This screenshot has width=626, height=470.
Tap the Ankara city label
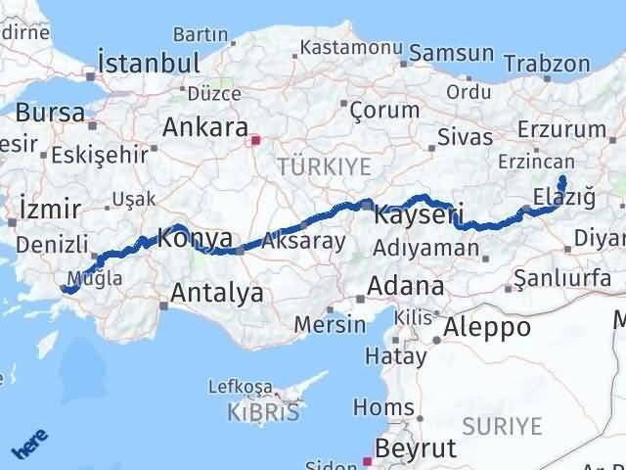pos(204,127)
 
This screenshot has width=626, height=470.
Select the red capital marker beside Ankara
pos(256,140)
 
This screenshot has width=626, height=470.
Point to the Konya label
pos(196,238)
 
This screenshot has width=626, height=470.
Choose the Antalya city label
pos(216,291)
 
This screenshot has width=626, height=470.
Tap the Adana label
pos(405,287)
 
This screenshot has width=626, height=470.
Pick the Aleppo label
pos(487,327)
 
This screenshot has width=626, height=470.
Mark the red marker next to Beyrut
pos(368,459)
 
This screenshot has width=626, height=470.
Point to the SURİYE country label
pos(501,426)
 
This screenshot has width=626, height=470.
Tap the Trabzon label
pos(553,65)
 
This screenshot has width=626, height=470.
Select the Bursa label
pos(50,112)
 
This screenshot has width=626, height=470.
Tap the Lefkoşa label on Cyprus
pos(255,387)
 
